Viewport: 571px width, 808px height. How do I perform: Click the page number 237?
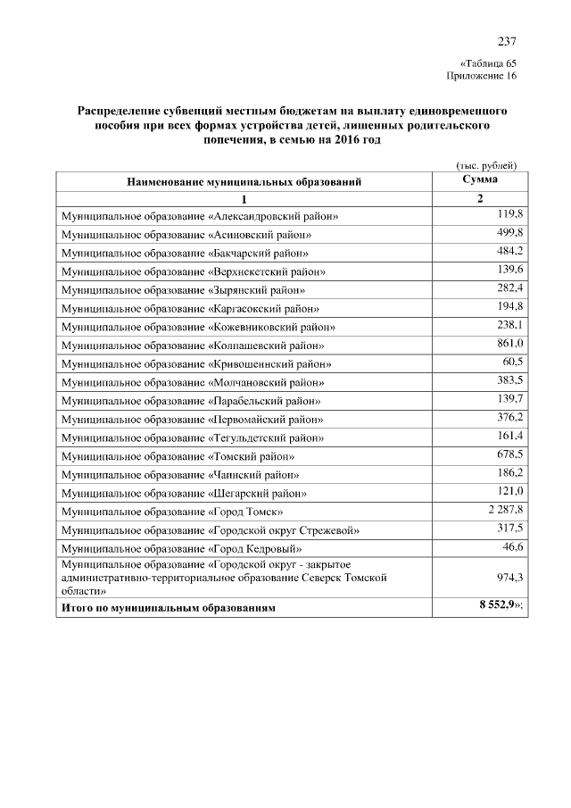point(506,42)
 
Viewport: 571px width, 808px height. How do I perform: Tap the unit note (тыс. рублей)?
point(487,165)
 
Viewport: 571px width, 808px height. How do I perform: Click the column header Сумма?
point(479,179)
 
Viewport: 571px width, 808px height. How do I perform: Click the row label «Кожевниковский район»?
point(203,327)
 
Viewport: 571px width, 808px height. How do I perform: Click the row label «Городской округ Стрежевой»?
point(210,530)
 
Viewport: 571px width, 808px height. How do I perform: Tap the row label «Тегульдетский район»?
point(192,438)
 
